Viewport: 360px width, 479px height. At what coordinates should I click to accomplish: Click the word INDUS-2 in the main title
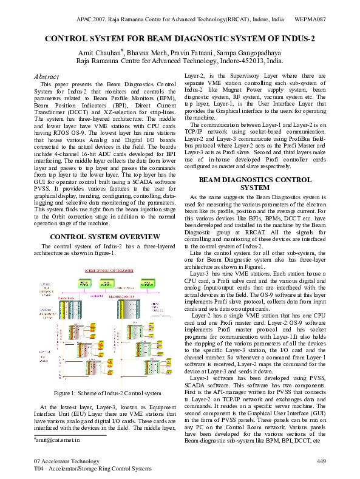294,38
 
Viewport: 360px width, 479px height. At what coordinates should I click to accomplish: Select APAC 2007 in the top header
93,19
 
